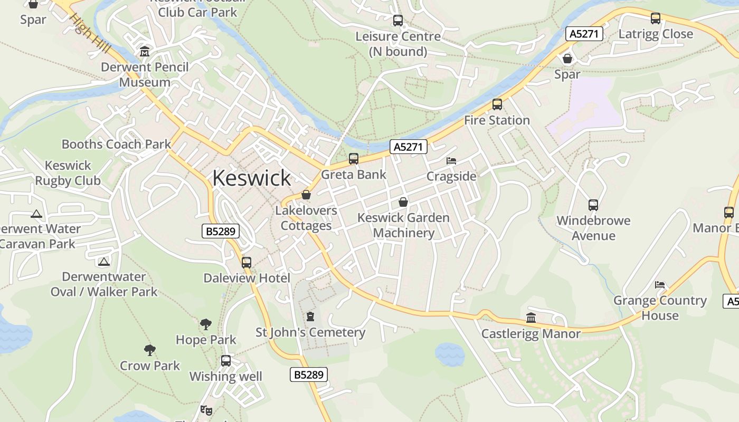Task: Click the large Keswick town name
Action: [x=251, y=178]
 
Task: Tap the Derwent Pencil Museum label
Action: [x=145, y=75]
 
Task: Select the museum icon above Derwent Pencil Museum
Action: [x=145, y=52]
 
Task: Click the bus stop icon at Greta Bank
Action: [x=354, y=159]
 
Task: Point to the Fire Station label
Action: [x=497, y=120]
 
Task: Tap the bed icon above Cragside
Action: [x=451, y=161]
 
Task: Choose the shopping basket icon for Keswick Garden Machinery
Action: [x=403, y=202]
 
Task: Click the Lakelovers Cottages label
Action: [x=306, y=218]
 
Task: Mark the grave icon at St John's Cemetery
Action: [x=310, y=316]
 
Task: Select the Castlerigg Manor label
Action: [x=531, y=333]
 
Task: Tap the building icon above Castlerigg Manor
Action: [x=531, y=318]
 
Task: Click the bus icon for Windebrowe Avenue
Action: [x=593, y=205]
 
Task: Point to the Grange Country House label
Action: [x=660, y=308]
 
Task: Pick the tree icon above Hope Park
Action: [x=206, y=324]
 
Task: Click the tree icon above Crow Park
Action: [x=150, y=350]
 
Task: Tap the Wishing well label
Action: [x=226, y=377]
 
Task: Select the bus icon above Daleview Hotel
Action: [x=247, y=262]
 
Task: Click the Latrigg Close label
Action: [x=656, y=34]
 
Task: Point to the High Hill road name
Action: [x=90, y=33]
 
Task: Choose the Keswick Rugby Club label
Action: [x=68, y=173]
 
